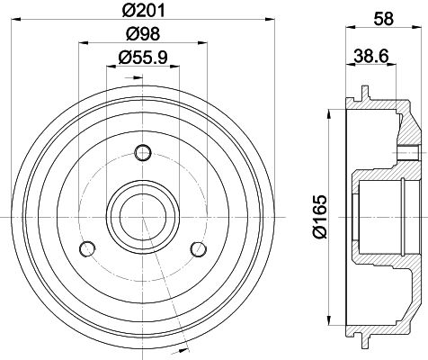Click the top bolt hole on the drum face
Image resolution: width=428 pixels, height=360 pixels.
(x=139, y=150)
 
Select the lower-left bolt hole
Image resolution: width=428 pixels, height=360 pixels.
(x=86, y=248)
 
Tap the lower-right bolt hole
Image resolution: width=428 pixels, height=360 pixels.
(x=196, y=247)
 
